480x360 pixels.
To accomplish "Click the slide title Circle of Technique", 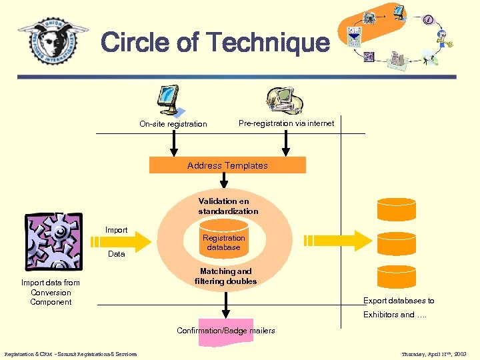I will coord(215,43).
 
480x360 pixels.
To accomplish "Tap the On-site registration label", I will coord(173,124).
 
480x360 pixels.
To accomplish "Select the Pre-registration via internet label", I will coord(286,123).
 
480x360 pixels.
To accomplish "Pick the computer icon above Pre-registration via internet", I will coord(284,100).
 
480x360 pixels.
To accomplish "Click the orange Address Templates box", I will coord(227,165).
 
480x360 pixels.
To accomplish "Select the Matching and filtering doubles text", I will coord(226,276).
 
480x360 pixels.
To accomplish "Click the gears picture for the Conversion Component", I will coord(53,241).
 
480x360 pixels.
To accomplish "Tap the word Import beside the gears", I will coord(116,230).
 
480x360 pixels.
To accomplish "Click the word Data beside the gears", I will coord(116,254).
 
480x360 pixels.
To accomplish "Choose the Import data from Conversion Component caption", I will coord(51,292).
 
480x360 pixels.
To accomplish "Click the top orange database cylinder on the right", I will coord(396,209).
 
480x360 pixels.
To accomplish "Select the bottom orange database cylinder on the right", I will coord(396,276).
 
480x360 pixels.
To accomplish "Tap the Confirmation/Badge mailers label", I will coord(225,331).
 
